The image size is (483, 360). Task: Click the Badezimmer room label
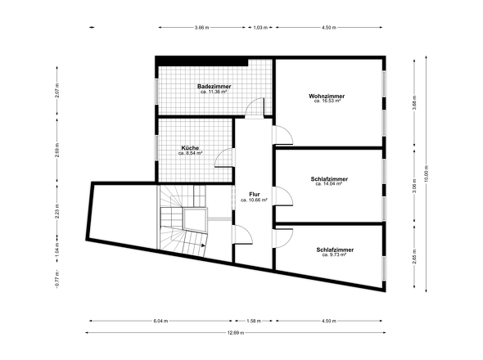coord(214,86)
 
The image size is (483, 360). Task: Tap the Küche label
coord(190,148)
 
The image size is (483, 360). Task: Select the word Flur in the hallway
coord(255,195)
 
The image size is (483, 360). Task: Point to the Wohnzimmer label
coord(327,96)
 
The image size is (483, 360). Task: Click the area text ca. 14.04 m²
coord(329,184)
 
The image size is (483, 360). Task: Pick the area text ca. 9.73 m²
coord(334,254)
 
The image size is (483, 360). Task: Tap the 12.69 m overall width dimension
coord(236,333)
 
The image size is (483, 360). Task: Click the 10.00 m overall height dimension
coord(427,173)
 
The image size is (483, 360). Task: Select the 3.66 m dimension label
coord(201,27)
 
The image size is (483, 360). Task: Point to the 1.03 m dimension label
coord(260,27)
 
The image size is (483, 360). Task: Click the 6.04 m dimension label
coord(160,321)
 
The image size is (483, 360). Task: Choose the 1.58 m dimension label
coord(254,321)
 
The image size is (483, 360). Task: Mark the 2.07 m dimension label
coord(57,91)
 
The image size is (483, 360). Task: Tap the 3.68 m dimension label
coord(414,102)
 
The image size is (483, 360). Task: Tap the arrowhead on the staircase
coord(203,245)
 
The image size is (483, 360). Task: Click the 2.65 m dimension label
coord(414,256)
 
